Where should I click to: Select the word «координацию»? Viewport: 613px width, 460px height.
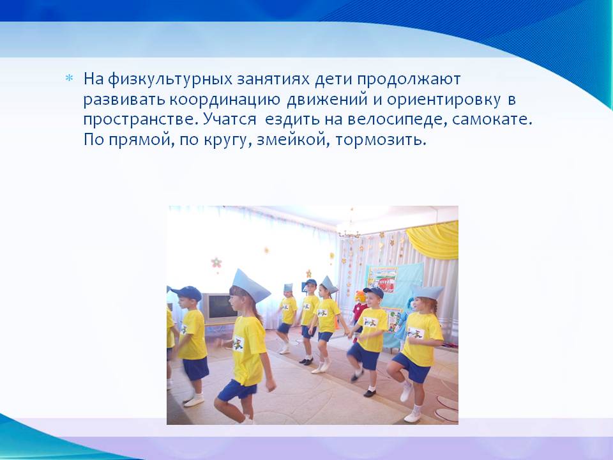click(x=225, y=100)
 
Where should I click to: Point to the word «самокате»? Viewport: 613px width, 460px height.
click(x=492, y=119)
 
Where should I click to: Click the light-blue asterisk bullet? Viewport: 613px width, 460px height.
click(x=69, y=78)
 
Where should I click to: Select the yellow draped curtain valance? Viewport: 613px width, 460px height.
click(x=434, y=240)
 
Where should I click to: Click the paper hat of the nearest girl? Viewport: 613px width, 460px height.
click(x=250, y=286)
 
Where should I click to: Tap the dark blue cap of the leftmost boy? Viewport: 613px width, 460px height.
click(x=186, y=292)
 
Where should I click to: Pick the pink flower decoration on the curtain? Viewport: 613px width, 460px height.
click(x=216, y=263)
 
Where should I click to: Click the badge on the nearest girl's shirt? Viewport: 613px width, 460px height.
click(x=238, y=344)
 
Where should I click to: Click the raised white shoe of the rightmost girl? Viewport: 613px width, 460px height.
click(x=407, y=392)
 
